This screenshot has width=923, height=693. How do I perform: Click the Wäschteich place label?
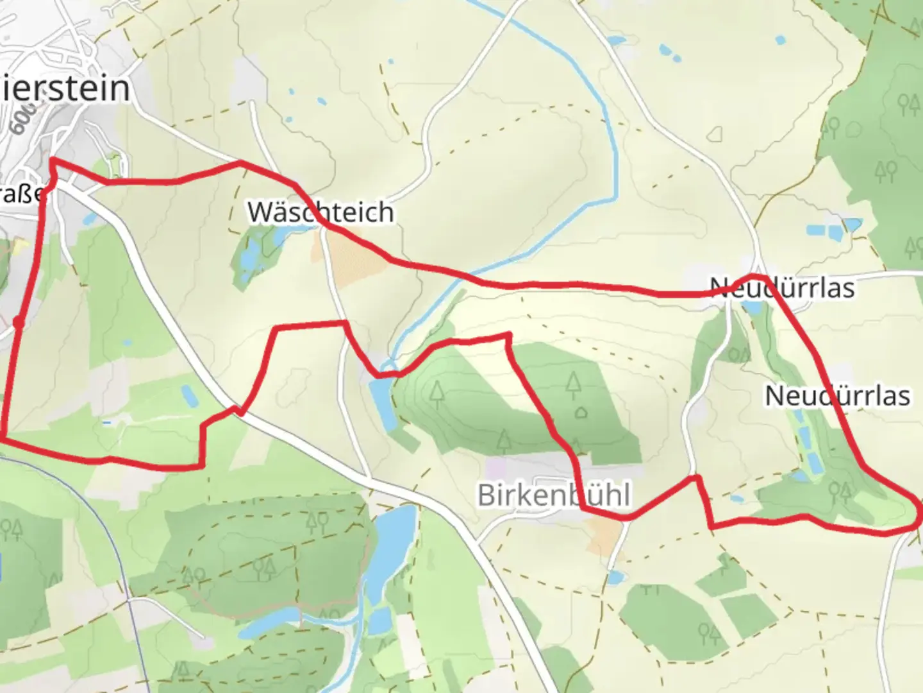coord(320,212)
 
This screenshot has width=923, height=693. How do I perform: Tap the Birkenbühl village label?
coord(554,495)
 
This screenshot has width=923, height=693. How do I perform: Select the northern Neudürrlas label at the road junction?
coord(782,287)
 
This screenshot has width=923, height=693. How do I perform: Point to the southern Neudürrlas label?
coord(837,395)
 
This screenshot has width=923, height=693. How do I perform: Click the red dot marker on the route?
coord(19,322)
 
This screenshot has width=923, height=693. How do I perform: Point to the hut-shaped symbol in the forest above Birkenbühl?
coord(581,412)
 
